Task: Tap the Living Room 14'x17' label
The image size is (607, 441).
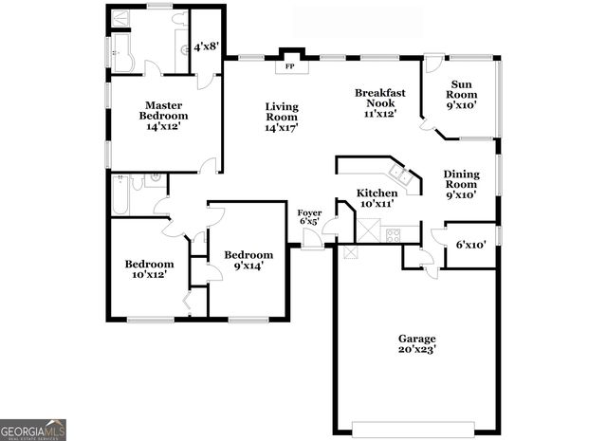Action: (282, 116)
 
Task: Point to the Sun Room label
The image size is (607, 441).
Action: (463, 94)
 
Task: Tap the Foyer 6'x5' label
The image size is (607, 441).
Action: (309, 217)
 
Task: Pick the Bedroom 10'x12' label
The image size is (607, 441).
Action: (150, 269)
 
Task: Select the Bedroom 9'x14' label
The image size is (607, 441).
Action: (248, 260)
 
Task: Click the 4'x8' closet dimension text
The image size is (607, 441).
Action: (206, 46)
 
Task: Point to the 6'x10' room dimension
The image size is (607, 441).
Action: (470, 245)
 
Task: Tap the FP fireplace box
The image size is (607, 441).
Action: (290, 66)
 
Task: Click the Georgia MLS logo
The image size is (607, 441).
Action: (33, 430)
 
